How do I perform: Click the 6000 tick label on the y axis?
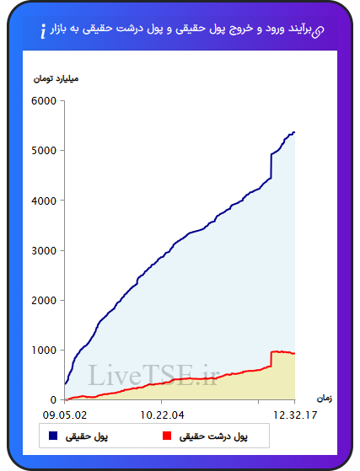tap(44, 101)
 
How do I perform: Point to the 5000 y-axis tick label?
tap(44, 151)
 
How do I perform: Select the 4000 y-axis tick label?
tap(44, 201)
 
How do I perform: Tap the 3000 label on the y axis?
tap(44, 250)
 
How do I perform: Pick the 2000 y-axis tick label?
tap(44, 301)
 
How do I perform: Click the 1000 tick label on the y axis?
tap(44, 351)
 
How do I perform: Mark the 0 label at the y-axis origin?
tap(53, 400)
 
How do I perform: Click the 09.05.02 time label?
tap(65, 415)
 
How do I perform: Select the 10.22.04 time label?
tap(162, 415)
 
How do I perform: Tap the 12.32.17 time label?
tap(295, 415)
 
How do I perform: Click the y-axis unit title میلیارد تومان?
tap(56, 79)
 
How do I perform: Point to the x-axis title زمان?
tap(325, 399)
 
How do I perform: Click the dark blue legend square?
tap(53, 436)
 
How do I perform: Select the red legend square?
tap(167, 436)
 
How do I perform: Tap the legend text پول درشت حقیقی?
tap(213, 436)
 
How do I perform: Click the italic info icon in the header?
tap(43, 31)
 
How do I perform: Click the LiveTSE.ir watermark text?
tap(153, 375)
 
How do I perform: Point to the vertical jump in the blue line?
tap(271, 166)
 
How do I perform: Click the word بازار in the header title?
tap(58, 29)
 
